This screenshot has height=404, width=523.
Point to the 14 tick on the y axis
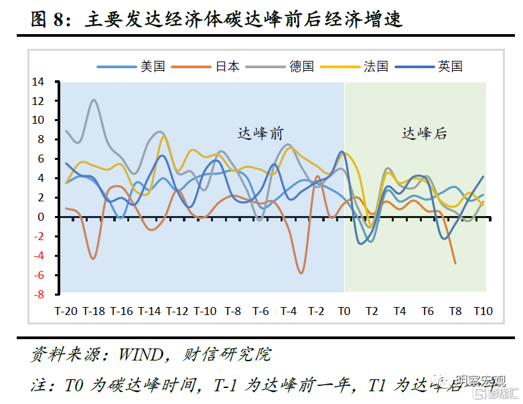[38, 82]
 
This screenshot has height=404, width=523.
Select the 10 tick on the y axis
[38, 120]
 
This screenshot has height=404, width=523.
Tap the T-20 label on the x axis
[66, 311]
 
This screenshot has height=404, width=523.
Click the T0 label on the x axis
[344, 311]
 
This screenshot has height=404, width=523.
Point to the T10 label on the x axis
[483, 311]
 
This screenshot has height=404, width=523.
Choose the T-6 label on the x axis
[260, 311]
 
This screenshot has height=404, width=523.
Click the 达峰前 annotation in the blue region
[260, 134]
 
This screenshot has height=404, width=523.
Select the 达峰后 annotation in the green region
[425, 134]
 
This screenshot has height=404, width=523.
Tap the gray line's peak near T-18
[94, 100]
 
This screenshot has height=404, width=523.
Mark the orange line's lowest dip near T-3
[301, 273]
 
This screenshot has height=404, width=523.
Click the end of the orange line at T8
[455, 263]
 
